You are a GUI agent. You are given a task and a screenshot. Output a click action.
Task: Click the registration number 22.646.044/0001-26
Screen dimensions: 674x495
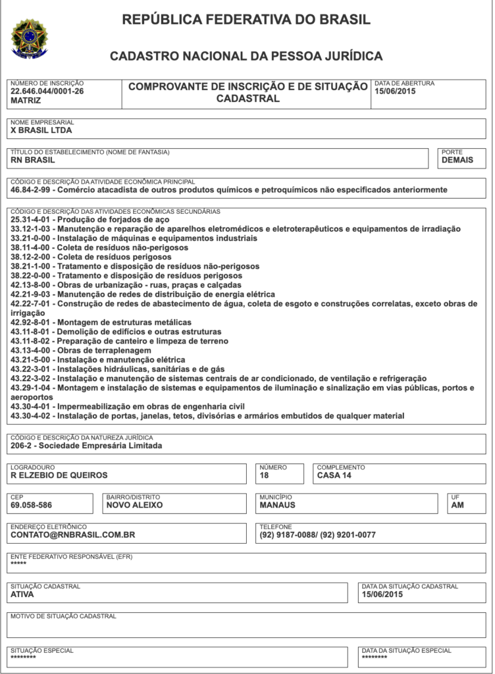pyautogui.click(x=47, y=91)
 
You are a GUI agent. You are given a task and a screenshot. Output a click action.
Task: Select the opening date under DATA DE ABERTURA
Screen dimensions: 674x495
pyautogui.click(x=395, y=91)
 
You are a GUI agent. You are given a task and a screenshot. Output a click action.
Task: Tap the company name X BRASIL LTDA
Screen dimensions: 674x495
pyautogui.click(x=41, y=130)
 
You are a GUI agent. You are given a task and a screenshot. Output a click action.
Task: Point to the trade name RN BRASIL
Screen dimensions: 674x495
pyautogui.click(x=33, y=160)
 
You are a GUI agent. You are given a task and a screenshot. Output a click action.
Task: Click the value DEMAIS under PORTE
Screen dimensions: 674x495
pyautogui.click(x=457, y=160)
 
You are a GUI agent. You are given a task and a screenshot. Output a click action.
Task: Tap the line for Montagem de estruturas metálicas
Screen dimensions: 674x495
pyautogui.click(x=101, y=323)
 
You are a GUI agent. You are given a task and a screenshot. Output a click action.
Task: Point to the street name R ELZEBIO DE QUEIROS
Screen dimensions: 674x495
pyautogui.click(x=59, y=475)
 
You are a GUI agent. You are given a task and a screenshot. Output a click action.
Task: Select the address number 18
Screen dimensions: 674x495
pyautogui.click(x=265, y=475)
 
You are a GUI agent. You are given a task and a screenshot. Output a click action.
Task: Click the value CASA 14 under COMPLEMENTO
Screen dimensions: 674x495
pyautogui.click(x=334, y=475)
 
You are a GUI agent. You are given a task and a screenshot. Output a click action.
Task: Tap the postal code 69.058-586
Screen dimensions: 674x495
pyautogui.click(x=32, y=505)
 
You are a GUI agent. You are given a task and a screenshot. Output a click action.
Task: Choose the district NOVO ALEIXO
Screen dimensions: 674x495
pyautogui.click(x=134, y=505)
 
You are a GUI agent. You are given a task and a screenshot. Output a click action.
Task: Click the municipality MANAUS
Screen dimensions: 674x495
pyautogui.click(x=278, y=505)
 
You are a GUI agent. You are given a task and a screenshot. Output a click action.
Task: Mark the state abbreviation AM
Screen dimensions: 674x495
pyautogui.click(x=457, y=505)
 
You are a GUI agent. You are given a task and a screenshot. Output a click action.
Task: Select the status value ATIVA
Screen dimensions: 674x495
pyautogui.click(x=22, y=594)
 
